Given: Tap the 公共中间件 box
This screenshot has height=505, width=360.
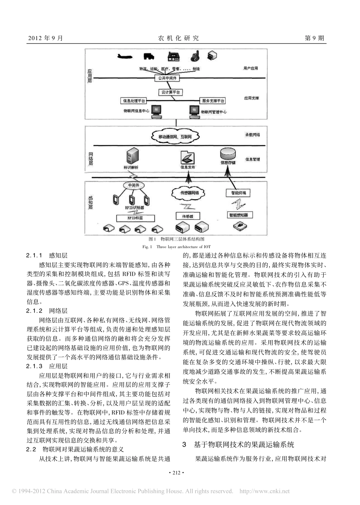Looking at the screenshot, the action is coord(167,78).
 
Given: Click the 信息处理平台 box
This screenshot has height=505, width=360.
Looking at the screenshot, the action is coord(133,101).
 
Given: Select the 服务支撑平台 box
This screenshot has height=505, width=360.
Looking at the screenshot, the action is coord(213,101).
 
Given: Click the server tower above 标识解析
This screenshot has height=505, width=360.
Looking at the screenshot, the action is coord(131,156).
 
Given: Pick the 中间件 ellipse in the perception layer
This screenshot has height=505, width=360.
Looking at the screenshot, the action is coord(134,185).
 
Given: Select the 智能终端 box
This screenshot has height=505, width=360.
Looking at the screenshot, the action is coord(238,193).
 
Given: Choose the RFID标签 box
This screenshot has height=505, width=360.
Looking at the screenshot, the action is coord(135,218).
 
